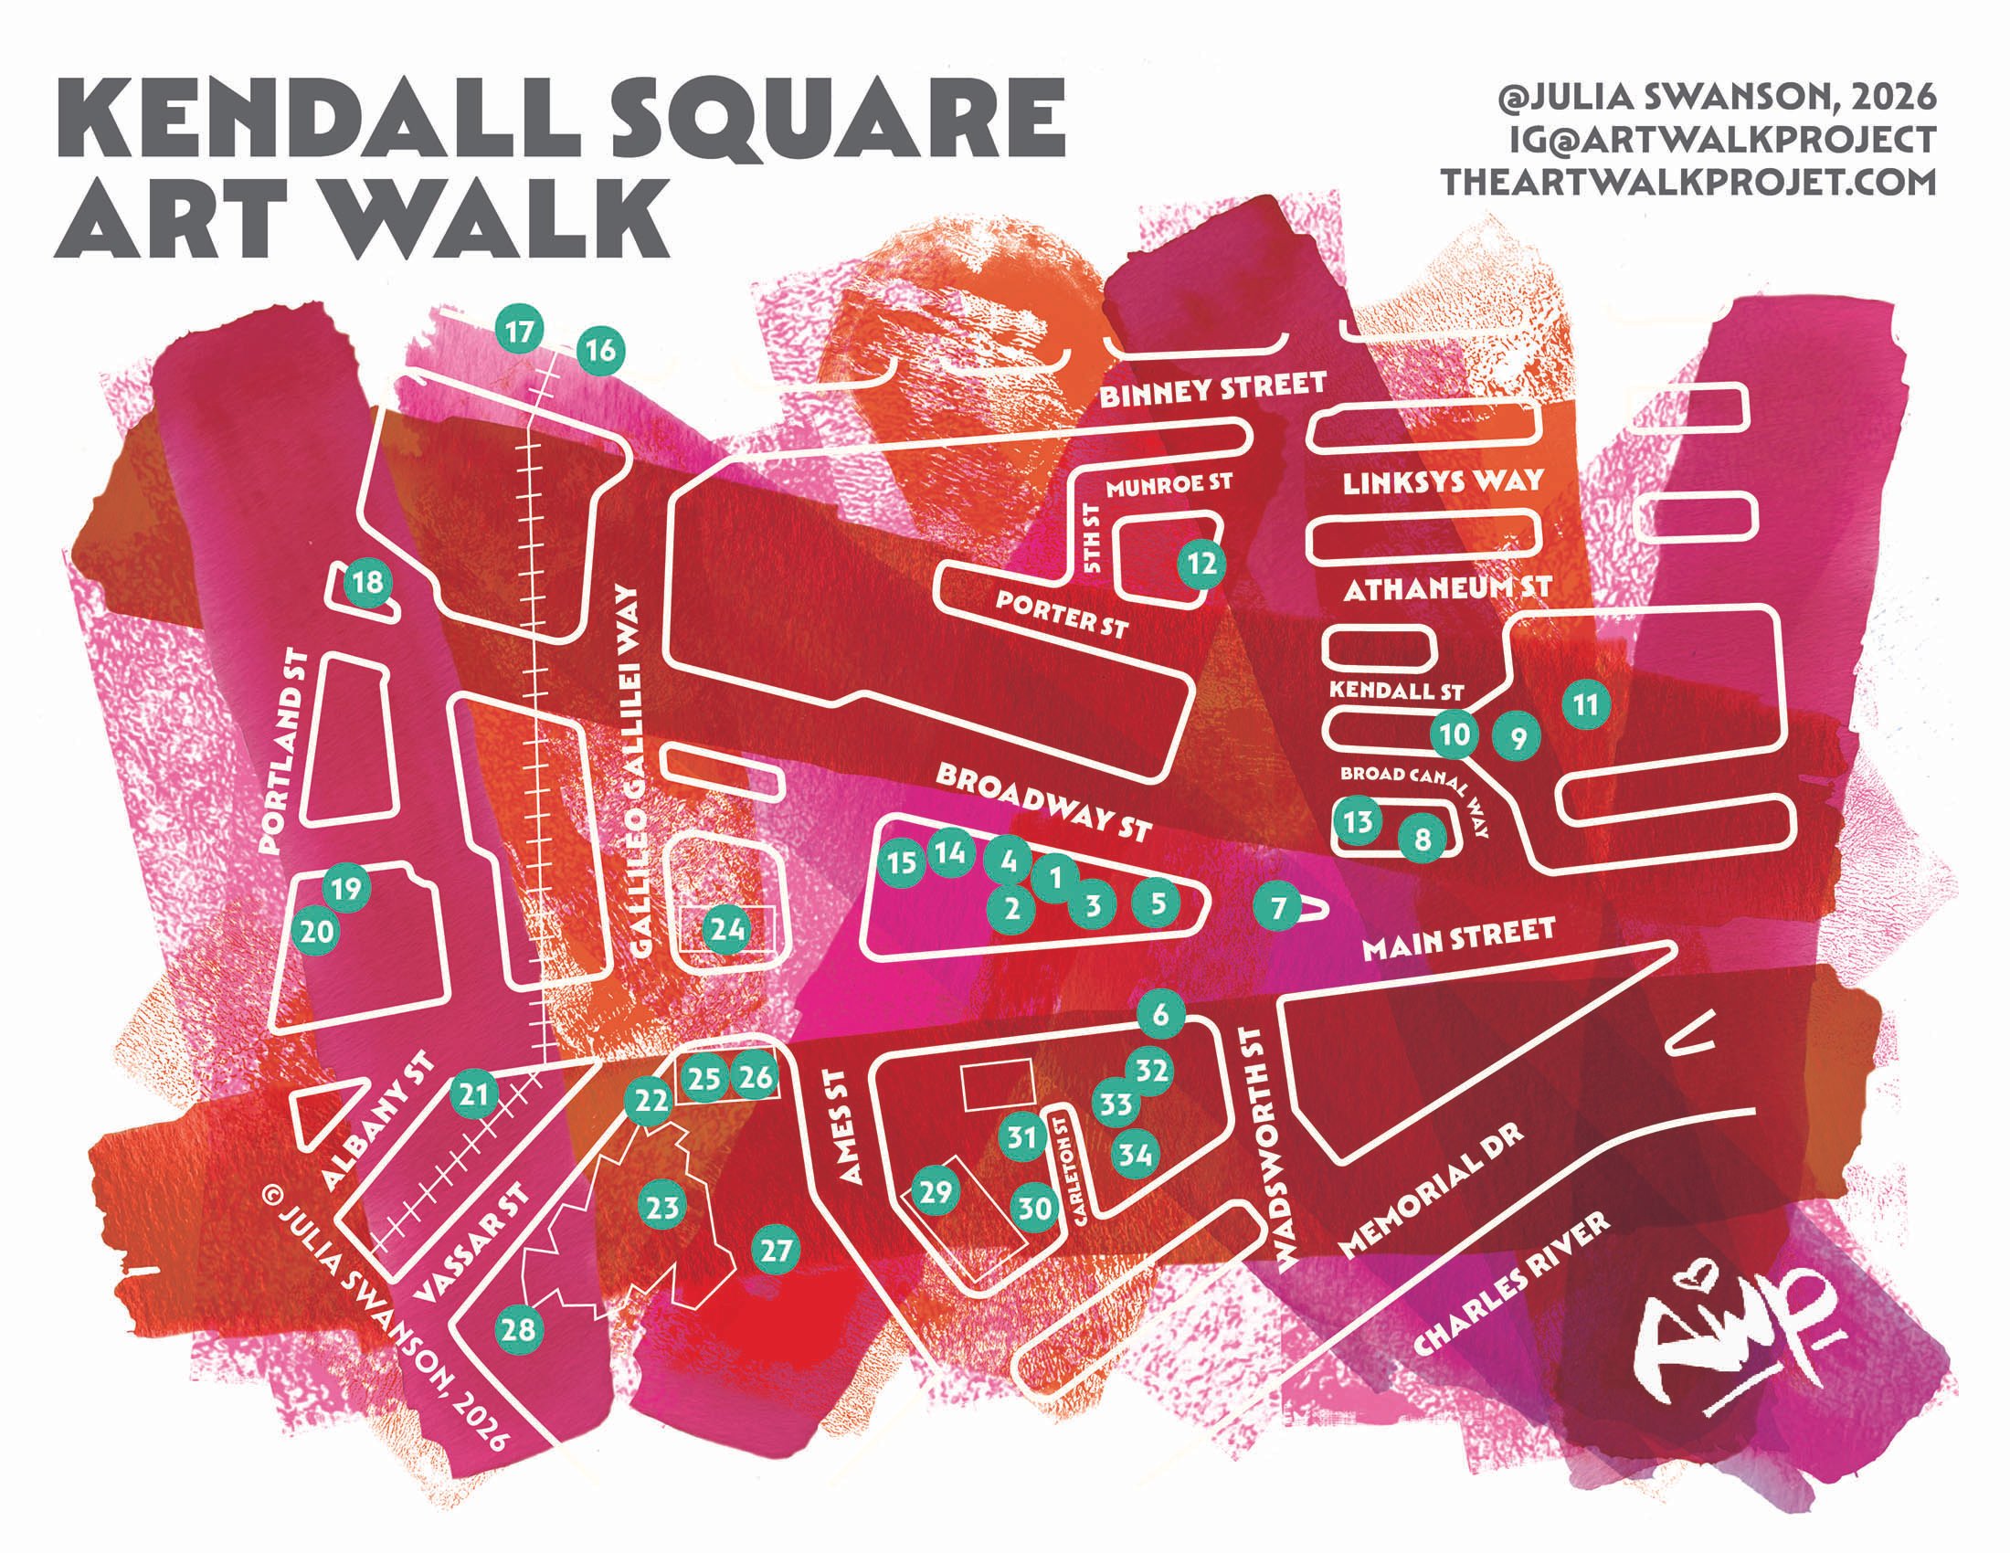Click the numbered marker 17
[x=520, y=332]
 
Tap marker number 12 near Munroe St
[x=1202, y=564]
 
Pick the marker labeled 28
[x=519, y=1329]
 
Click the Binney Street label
[x=1213, y=390]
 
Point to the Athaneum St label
[x=1448, y=588]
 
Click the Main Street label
[x=1458, y=942]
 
